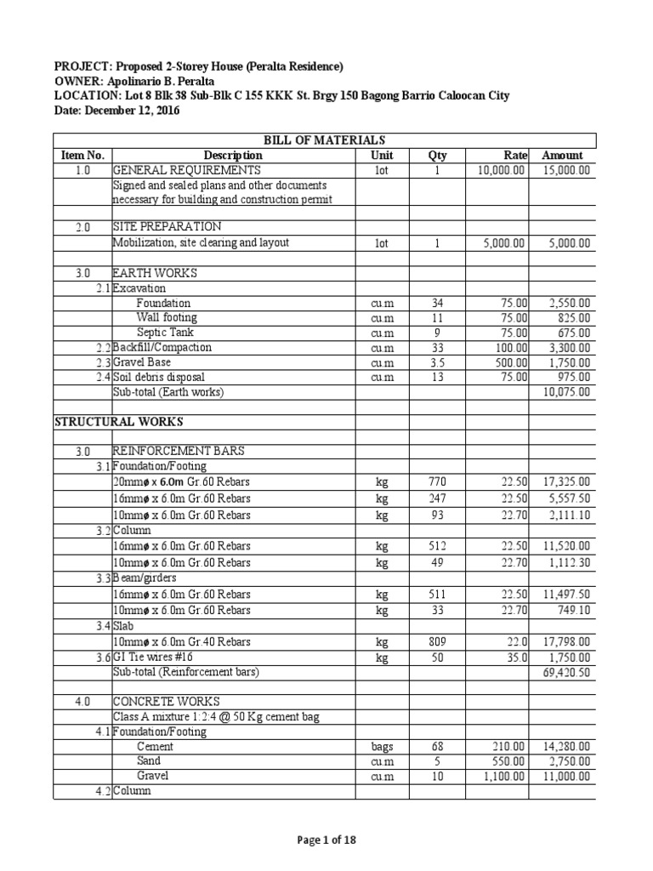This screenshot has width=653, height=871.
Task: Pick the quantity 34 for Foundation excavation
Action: coord(438,303)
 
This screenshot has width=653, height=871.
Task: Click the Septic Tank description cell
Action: coord(163,333)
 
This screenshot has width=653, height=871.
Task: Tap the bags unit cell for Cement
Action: coord(382,746)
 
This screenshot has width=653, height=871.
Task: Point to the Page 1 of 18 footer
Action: coord(326,840)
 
